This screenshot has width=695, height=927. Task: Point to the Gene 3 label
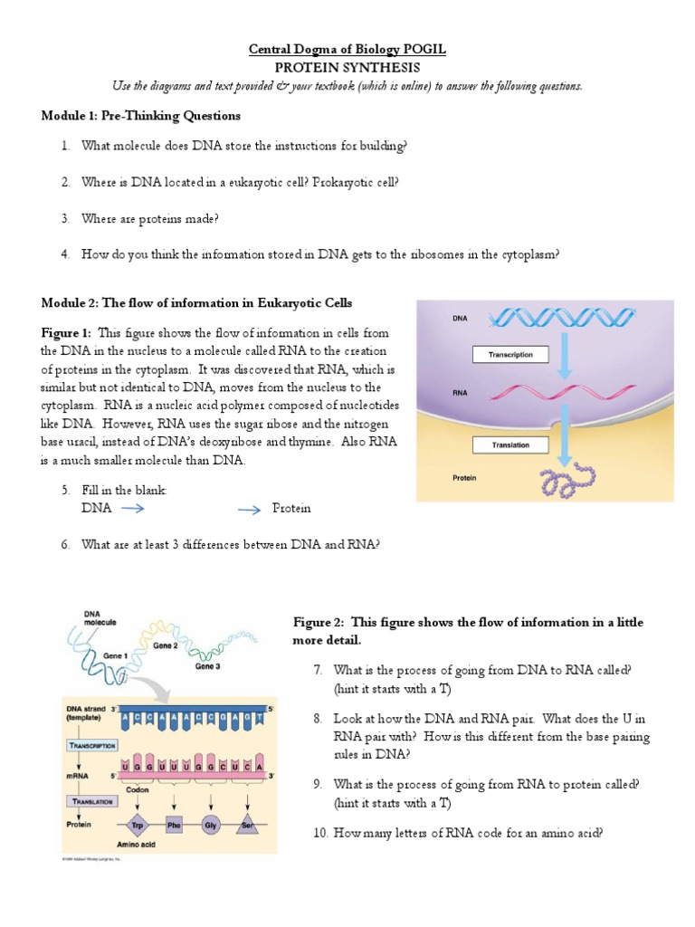210,666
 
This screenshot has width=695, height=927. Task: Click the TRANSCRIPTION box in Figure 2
91,744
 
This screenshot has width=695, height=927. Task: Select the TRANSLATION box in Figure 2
91,801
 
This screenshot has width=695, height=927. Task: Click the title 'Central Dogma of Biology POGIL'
347,50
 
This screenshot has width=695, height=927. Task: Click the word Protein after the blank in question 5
291,509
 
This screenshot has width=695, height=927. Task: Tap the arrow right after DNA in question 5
133,509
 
